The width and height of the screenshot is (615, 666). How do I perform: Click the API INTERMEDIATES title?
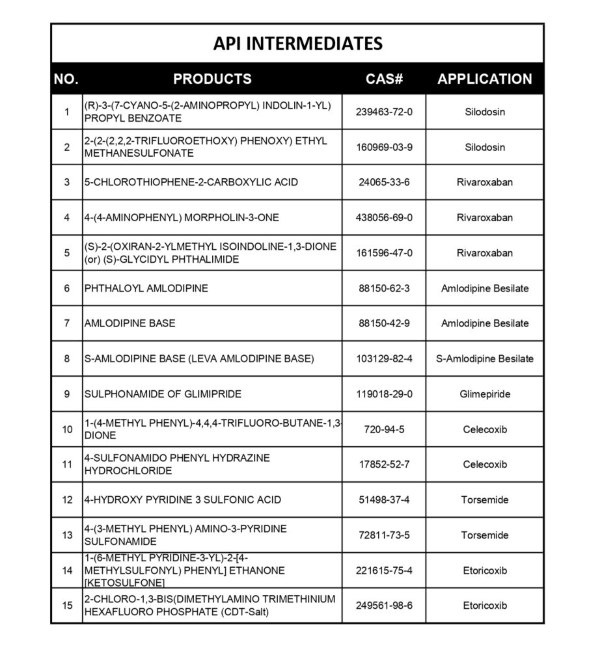[297, 44]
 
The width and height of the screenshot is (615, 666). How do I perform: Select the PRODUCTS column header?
[212, 79]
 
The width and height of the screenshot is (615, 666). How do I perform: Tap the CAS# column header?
[384, 79]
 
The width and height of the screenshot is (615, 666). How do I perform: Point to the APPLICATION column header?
[484, 79]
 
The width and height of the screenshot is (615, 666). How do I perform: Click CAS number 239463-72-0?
[384, 112]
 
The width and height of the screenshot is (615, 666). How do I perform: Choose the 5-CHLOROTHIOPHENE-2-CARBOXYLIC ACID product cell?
[191, 182]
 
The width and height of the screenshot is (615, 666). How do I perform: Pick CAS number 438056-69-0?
[384, 218]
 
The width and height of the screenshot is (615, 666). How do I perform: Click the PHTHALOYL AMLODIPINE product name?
[146, 288]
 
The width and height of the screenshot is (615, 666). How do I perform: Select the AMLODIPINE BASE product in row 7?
[130, 323]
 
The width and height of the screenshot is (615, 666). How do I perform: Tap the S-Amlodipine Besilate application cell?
[484, 359]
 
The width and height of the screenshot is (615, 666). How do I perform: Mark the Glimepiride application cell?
[484, 394]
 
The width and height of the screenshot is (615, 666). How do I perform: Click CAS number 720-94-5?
[384, 429]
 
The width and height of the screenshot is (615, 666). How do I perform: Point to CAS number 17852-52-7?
[384, 464]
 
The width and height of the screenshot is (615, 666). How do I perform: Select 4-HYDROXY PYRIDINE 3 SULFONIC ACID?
[183, 500]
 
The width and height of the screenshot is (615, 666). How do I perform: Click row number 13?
[67, 535]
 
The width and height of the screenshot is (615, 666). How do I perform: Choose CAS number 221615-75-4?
[384, 570]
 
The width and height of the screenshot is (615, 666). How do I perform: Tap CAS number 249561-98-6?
[384, 606]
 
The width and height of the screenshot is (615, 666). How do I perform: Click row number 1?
[67, 112]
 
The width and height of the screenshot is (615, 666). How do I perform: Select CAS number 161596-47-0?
[384, 253]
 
